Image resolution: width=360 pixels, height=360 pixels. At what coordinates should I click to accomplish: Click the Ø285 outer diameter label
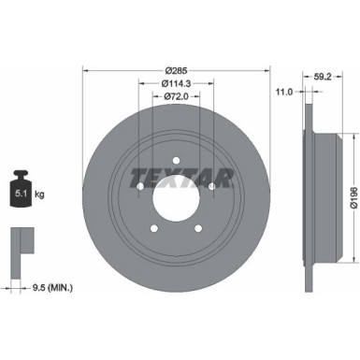coord(175,70)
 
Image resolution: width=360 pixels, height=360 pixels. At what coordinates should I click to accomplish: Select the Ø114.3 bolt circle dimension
coord(175,83)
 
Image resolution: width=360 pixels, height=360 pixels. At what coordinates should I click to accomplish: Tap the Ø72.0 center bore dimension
coord(175,96)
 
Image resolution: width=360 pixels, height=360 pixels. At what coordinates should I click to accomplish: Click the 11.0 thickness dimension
coord(286,92)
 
